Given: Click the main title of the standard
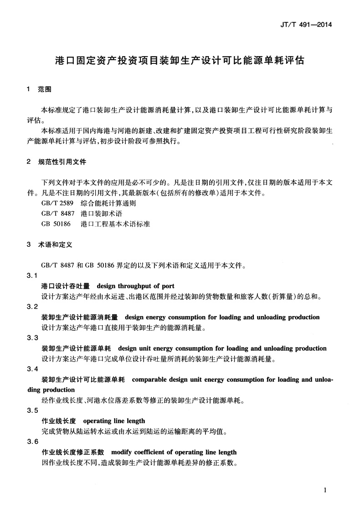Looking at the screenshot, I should click(180, 60).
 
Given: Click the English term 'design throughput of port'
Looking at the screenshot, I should click(135, 286).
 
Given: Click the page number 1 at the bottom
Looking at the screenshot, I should click(325, 490).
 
